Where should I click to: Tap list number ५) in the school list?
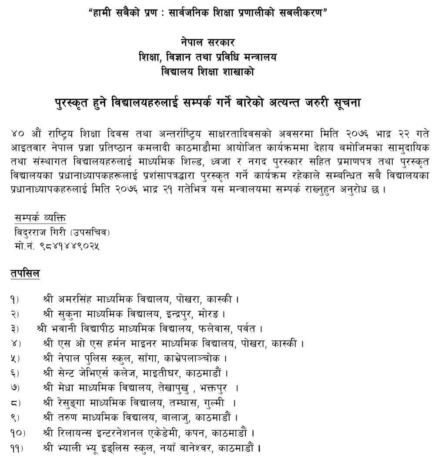tap(18, 358)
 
